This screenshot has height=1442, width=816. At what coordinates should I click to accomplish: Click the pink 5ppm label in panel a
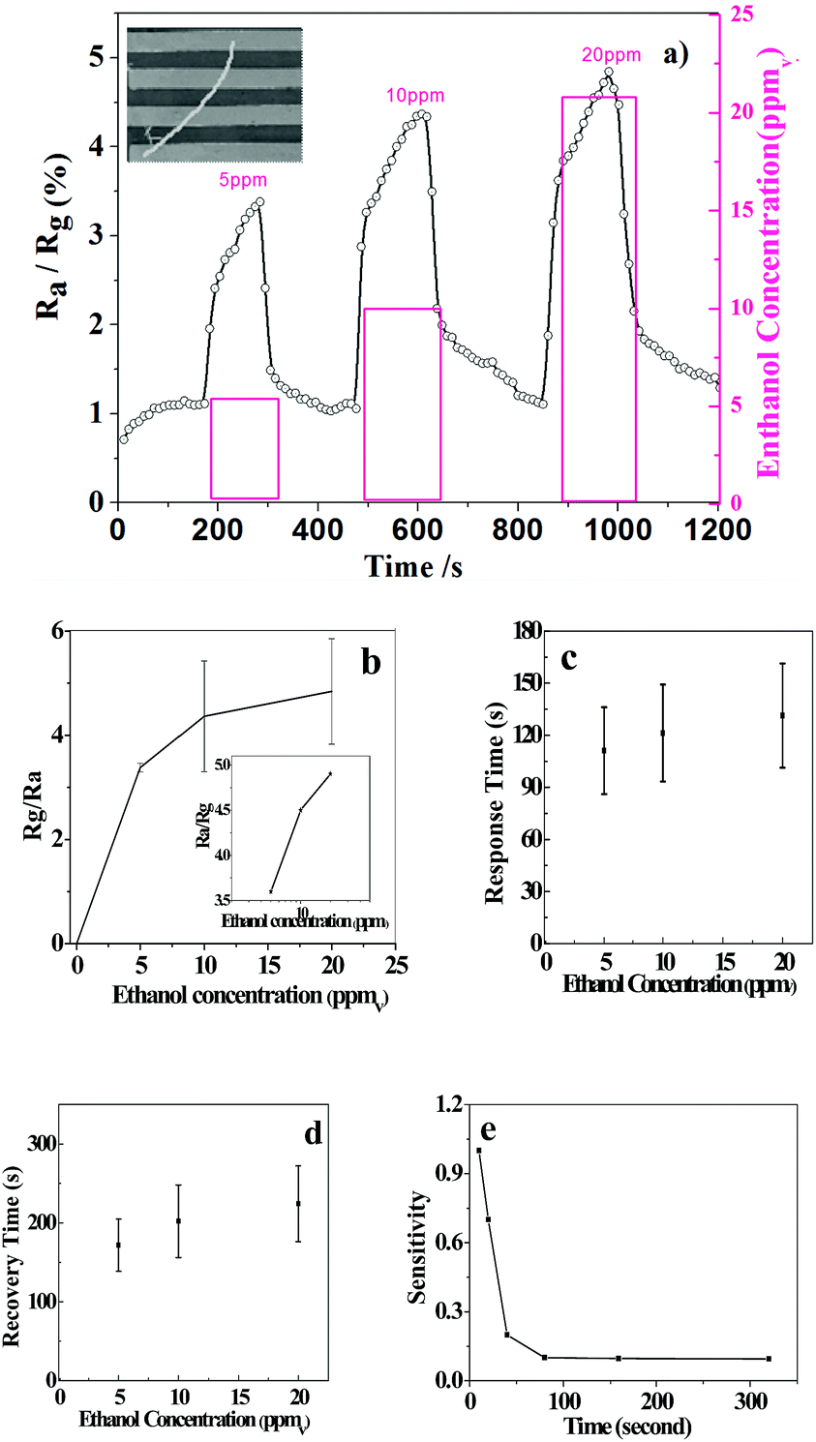point(242,180)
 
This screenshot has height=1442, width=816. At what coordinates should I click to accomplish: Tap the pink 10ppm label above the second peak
point(416,95)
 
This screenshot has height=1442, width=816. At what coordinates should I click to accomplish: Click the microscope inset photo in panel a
point(215,95)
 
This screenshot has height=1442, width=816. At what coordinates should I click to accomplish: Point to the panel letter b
point(370,663)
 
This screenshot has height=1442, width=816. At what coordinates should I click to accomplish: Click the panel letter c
point(569,659)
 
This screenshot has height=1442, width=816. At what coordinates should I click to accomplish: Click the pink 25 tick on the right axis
point(743,15)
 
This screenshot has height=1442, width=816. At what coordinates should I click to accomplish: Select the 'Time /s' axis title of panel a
point(413,566)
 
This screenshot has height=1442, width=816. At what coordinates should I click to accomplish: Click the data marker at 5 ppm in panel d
point(118,1245)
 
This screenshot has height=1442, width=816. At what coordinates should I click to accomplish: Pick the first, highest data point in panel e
point(478,1151)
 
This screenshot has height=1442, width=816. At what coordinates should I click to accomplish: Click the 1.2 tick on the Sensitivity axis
point(447,1104)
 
